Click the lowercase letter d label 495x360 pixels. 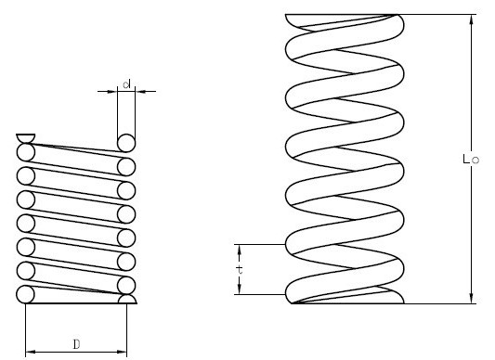click(x=125, y=84)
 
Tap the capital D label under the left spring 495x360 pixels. click(x=75, y=344)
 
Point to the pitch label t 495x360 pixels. click(x=239, y=269)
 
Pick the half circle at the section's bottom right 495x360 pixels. click(x=127, y=300)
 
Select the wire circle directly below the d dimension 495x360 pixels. click(x=125, y=142)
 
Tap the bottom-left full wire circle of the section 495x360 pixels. click(x=26, y=294)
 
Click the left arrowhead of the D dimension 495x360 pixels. click(x=29, y=352)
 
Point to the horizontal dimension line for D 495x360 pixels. click(x=75, y=352)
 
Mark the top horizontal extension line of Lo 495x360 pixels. click(x=436, y=14)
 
